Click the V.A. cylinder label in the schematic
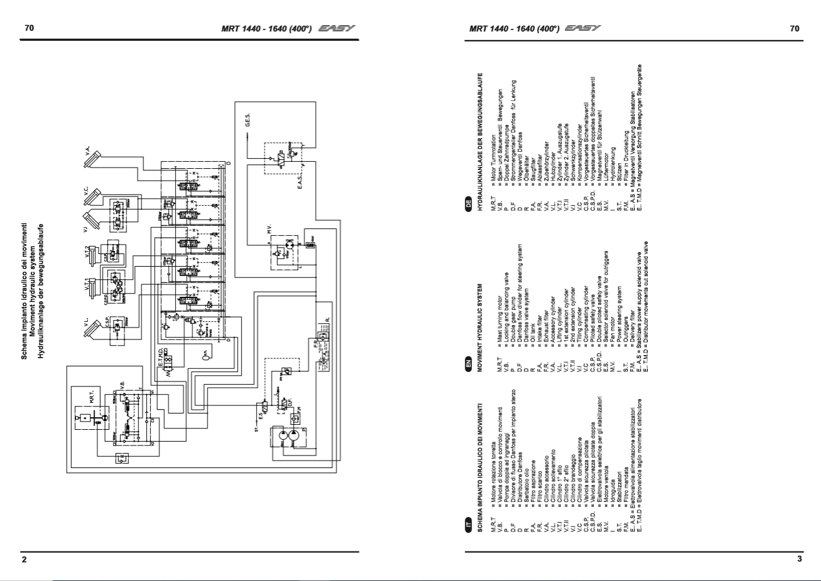pyautogui.click(x=88, y=151)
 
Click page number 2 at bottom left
pyautogui.click(x=24, y=559)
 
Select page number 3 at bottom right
pyautogui.click(x=799, y=558)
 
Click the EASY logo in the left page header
pyautogui.click(x=336, y=28)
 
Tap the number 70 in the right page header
pyautogui.click(x=795, y=28)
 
